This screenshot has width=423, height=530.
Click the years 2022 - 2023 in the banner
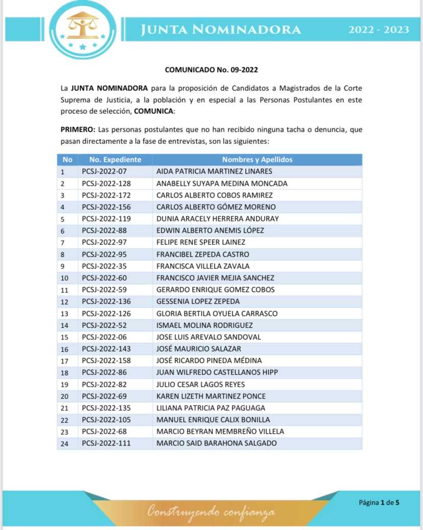coord(379,30)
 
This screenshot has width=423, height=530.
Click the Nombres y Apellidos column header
coord(257,160)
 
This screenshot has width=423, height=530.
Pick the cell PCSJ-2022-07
coord(104,171)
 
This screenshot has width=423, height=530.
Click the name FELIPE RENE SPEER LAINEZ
coord(201,242)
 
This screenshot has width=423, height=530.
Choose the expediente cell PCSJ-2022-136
coord(106,301)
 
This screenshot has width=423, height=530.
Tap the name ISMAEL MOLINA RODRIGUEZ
coord(204,325)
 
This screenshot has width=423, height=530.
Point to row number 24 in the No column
coord(64,443)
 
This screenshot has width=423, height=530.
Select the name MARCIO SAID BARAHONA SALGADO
coord(217,443)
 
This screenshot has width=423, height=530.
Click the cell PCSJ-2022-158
coord(106,361)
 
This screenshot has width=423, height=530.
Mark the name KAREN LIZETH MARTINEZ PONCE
coord(211,396)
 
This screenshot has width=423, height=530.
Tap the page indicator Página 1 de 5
coord(379,502)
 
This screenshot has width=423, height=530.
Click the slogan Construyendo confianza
coord(211,511)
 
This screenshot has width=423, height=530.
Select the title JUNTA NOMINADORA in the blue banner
coord(221,30)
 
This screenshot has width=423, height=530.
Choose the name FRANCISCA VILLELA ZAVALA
coord(203,266)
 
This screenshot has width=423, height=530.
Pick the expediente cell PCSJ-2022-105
coord(106,420)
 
